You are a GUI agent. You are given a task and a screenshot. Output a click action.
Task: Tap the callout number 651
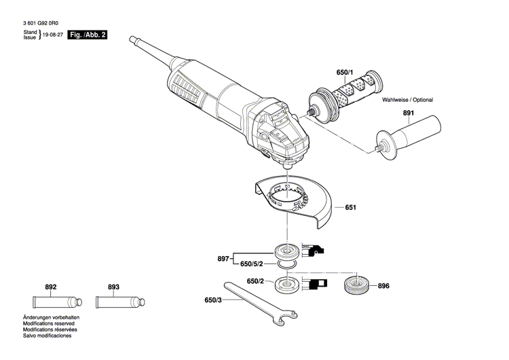[350, 207]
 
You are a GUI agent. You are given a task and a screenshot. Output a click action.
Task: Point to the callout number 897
[224, 259]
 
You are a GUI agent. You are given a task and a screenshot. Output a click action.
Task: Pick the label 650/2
[255, 281]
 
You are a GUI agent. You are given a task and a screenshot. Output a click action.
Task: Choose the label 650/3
[213, 300]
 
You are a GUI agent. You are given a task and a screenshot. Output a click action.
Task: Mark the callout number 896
[383, 286]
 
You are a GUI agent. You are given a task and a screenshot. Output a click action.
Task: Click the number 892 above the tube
[51, 287]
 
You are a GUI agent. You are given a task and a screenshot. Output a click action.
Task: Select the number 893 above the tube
[113, 287]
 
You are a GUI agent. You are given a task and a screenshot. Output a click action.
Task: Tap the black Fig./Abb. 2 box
[89, 35]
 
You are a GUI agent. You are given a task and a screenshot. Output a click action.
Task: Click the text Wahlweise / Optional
[407, 100]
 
